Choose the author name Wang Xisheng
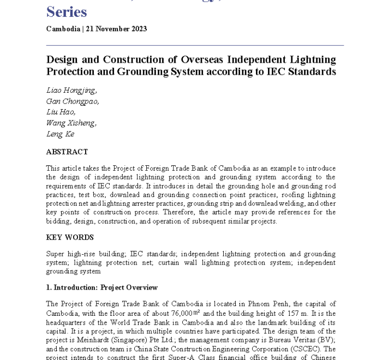(x=71, y=123)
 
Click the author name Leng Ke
(x=59, y=134)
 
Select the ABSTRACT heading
(x=67, y=152)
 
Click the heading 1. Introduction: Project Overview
(x=102, y=287)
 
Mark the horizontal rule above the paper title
(x=195, y=45)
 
